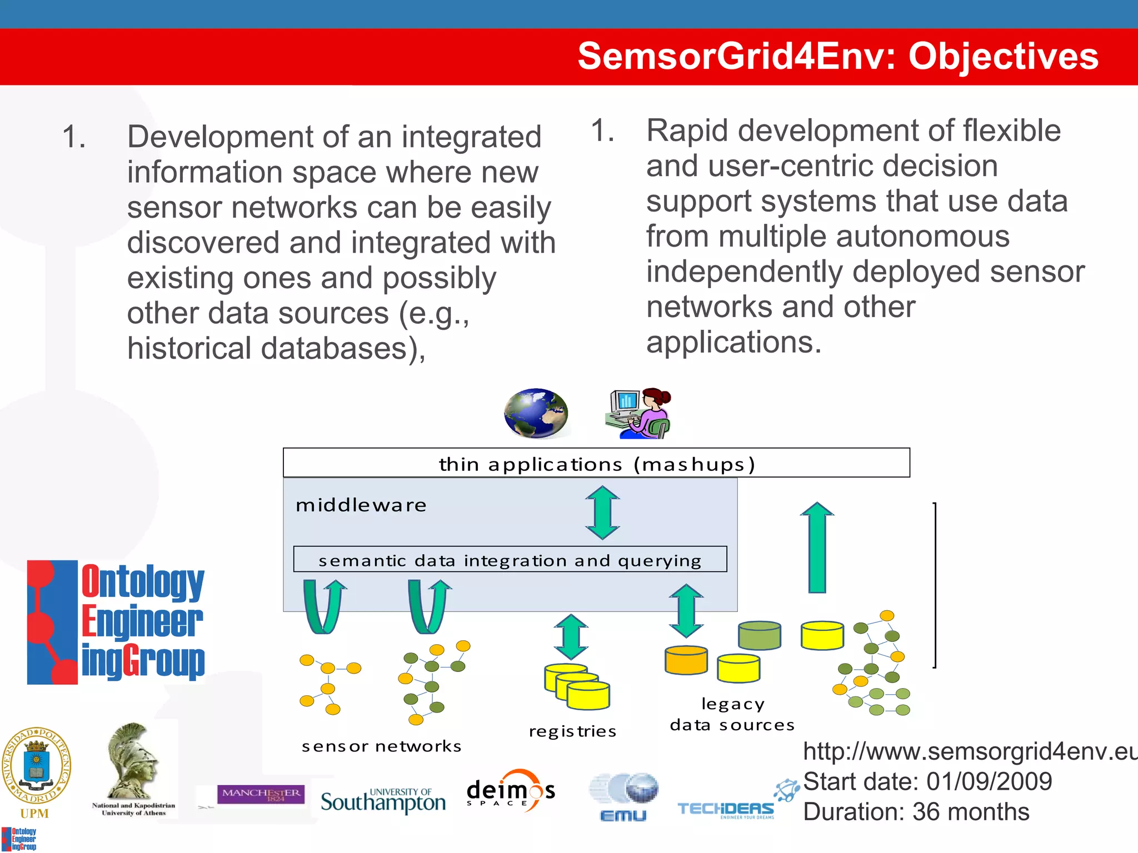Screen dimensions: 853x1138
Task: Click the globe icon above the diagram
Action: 536,413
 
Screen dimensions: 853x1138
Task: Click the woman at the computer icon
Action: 638,413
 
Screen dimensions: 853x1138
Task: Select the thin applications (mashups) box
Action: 596,463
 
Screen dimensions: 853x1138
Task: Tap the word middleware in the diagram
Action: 361,505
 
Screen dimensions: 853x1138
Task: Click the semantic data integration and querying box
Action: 510,560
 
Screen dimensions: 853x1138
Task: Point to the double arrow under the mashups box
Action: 602,513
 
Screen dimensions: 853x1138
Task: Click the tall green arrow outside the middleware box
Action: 817,548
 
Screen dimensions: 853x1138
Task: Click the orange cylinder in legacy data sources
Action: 686,660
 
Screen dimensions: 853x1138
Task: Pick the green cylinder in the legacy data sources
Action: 760,635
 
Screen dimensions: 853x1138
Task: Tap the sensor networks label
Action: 381,746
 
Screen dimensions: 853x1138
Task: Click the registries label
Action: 572,731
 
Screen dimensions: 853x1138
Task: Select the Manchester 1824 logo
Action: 261,794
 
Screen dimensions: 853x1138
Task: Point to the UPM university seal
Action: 37,766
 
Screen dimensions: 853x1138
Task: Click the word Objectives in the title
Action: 1003,57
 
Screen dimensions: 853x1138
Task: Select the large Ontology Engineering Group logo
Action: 116,622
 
